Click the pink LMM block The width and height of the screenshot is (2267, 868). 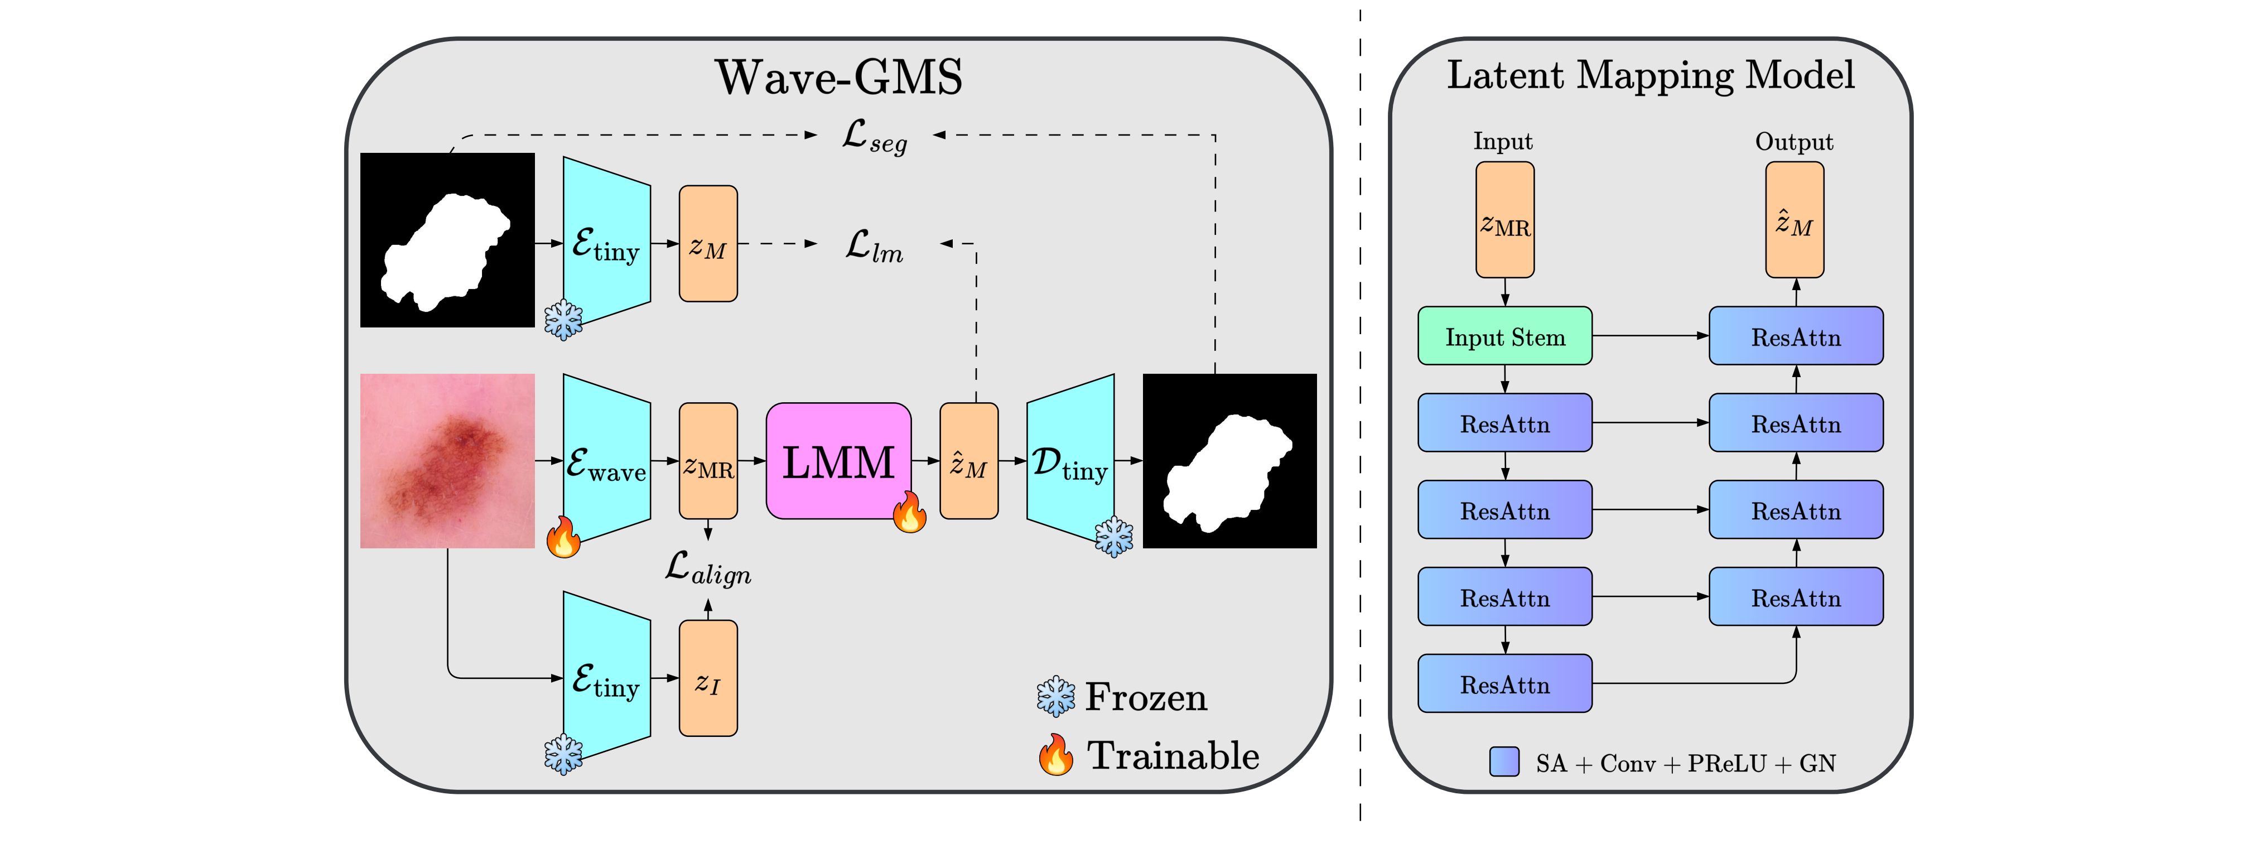838,460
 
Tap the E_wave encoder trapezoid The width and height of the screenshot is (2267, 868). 606,460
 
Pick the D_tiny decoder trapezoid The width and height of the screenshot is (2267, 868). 1069,460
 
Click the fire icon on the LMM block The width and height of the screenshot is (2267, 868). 910,512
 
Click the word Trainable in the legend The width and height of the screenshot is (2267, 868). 1173,756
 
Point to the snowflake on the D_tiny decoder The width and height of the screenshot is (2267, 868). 1114,537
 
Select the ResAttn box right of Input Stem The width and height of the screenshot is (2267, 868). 1795,336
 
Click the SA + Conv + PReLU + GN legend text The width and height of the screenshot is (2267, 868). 1685,763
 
